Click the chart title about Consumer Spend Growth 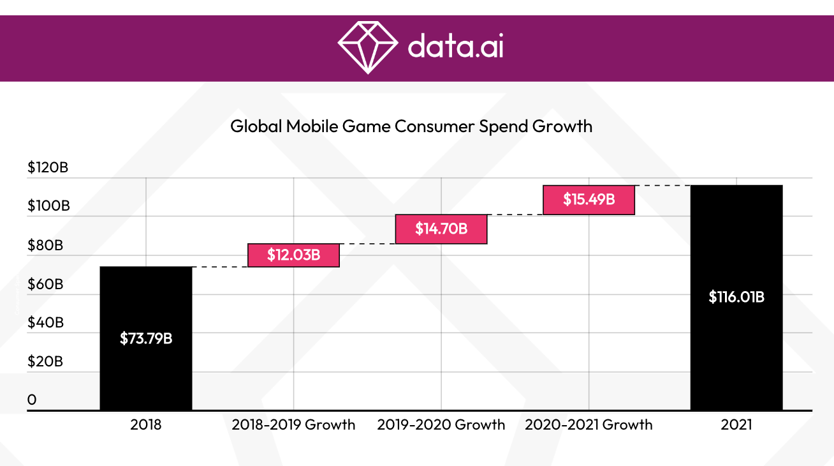411,126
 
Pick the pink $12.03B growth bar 293,255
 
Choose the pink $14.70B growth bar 441,229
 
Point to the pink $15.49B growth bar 589,199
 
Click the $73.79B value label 146,338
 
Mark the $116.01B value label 736,297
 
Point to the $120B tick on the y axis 48,168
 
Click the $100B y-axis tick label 48,206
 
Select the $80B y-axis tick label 45,245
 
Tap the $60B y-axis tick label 45,284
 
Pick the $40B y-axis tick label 45,322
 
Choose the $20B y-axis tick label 45,361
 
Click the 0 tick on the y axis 32,400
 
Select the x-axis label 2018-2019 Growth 293,425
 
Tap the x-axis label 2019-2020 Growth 441,425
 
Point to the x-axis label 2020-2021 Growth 589,425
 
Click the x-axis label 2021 736,425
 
